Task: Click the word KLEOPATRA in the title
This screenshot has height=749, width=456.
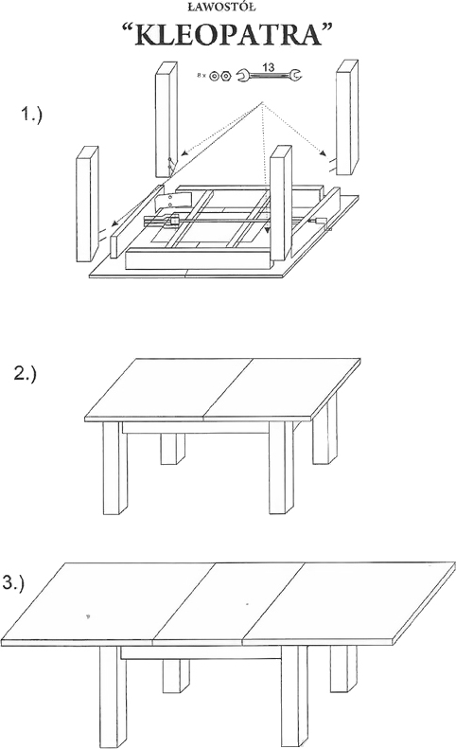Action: (x=228, y=35)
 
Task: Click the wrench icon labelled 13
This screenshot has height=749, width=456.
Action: (x=270, y=75)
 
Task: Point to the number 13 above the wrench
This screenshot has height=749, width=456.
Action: (x=269, y=67)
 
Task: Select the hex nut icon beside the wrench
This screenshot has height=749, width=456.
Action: (x=225, y=76)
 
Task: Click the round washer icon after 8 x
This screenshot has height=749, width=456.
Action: (x=215, y=76)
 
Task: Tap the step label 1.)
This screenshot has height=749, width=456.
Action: (x=31, y=115)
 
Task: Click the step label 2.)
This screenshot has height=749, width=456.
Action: (x=26, y=373)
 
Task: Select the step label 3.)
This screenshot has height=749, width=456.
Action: (x=13, y=583)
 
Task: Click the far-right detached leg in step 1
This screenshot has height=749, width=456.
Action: (x=347, y=117)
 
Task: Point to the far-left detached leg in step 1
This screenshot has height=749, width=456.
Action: (x=87, y=204)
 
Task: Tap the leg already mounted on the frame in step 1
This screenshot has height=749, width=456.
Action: (x=281, y=203)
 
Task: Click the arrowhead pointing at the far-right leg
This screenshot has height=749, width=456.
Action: (x=324, y=154)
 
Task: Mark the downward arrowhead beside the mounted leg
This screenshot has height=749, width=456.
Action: (x=268, y=230)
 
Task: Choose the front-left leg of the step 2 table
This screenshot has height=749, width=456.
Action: (x=115, y=468)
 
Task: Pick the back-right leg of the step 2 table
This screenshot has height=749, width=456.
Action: (x=324, y=435)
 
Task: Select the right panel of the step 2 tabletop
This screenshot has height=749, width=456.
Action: (x=282, y=387)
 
